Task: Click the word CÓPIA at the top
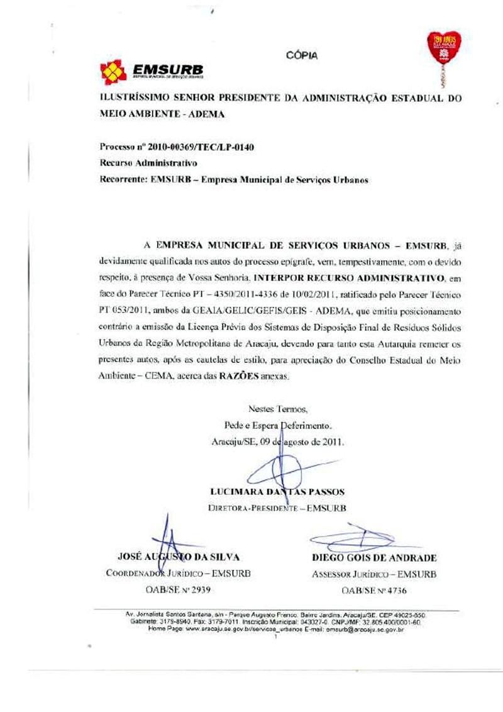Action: pyautogui.click(x=302, y=55)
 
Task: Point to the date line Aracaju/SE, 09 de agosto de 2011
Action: pyautogui.click(x=278, y=441)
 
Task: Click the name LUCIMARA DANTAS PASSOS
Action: pyautogui.click(x=278, y=492)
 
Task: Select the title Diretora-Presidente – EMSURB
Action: pyautogui.click(x=278, y=508)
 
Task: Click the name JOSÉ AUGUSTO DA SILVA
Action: pyautogui.click(x=179, y=557)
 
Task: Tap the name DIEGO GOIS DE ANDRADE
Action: pyautogui.click(x=374, y=558)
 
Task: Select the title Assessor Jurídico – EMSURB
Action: pyautogui.click(x=374, y=574)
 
